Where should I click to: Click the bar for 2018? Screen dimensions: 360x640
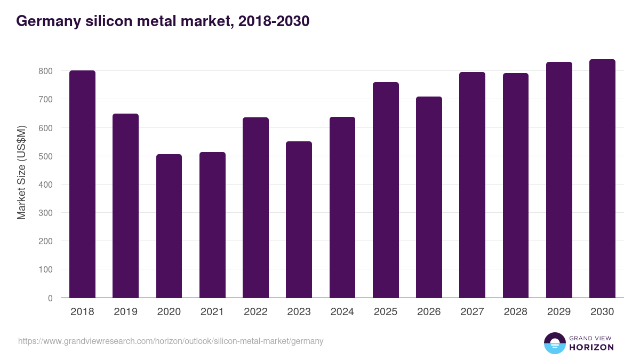[82, 184]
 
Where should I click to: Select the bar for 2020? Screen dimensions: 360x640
[169, 226]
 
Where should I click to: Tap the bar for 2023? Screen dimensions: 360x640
[299, 220]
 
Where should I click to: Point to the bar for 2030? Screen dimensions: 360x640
[602, 179]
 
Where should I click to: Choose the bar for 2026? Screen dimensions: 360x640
[429, 197]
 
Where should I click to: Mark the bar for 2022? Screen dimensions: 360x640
[255, 207]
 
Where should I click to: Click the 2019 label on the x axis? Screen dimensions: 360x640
[126, 312]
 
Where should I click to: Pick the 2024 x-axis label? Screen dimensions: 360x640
[342, 312]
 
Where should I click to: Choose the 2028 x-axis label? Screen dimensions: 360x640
[515, 312]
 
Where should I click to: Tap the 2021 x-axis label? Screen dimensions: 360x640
[212, 312]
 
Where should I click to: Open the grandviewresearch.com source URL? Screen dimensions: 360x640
[171, 341]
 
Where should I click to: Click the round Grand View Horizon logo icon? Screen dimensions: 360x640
[555, 343]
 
